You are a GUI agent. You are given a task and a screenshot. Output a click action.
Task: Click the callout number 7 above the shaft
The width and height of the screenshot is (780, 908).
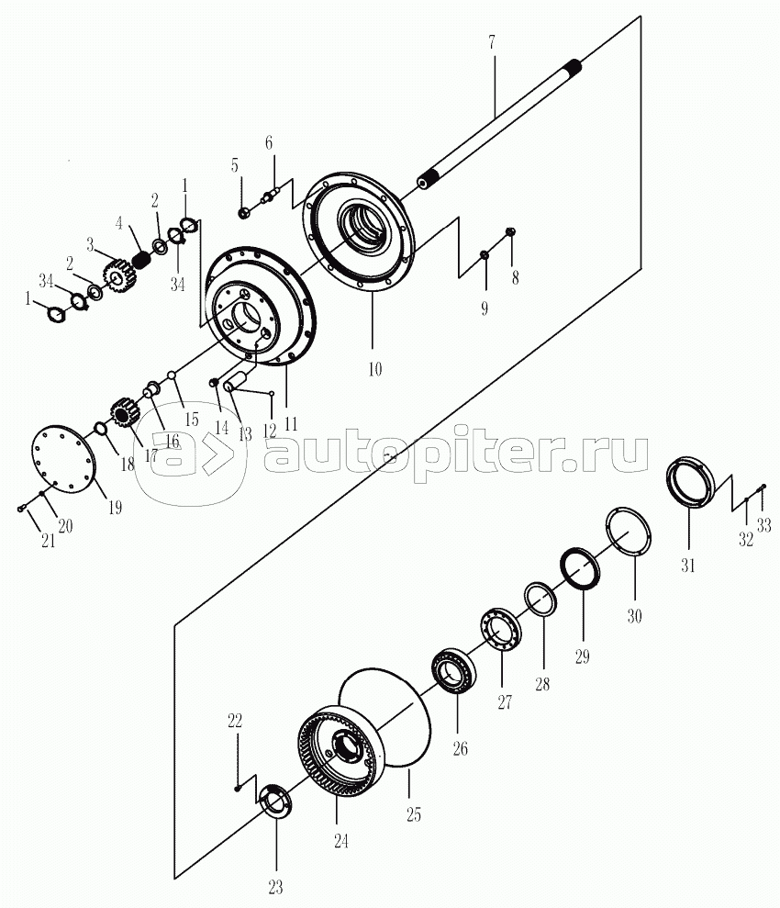[x=491, y=42]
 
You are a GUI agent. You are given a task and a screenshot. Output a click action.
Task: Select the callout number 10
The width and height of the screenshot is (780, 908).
[x=375, y=369]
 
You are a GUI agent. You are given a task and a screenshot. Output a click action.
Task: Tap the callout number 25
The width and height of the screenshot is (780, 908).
[x=413, y=814]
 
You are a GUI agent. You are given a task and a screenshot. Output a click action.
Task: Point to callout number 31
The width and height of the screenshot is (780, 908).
[x=687, y=566]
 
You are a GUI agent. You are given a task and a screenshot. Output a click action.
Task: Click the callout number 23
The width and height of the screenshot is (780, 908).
[x=275, y=887]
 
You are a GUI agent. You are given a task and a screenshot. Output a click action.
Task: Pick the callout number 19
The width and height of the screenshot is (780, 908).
[x=115, y=508]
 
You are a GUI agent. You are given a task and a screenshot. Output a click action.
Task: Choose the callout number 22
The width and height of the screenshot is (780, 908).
[x=234, y=721]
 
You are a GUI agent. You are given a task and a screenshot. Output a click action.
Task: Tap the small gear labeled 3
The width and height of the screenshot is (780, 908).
[x=118, y=275]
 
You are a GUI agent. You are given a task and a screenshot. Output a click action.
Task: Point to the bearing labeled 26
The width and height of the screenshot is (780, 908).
[x=454, y=671]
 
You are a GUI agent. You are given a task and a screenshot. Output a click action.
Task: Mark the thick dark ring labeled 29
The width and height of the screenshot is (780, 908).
[x=580, y=568]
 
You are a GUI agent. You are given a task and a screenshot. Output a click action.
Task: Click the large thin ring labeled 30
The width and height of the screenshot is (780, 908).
[x=628, y=532]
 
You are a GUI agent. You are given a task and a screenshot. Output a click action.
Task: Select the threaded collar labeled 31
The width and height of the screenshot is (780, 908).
[x=691, y=483]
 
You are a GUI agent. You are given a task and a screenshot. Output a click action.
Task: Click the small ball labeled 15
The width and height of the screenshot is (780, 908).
[x=172, y=376]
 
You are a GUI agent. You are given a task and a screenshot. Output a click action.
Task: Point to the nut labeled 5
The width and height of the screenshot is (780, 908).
[x=244, y=212]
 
